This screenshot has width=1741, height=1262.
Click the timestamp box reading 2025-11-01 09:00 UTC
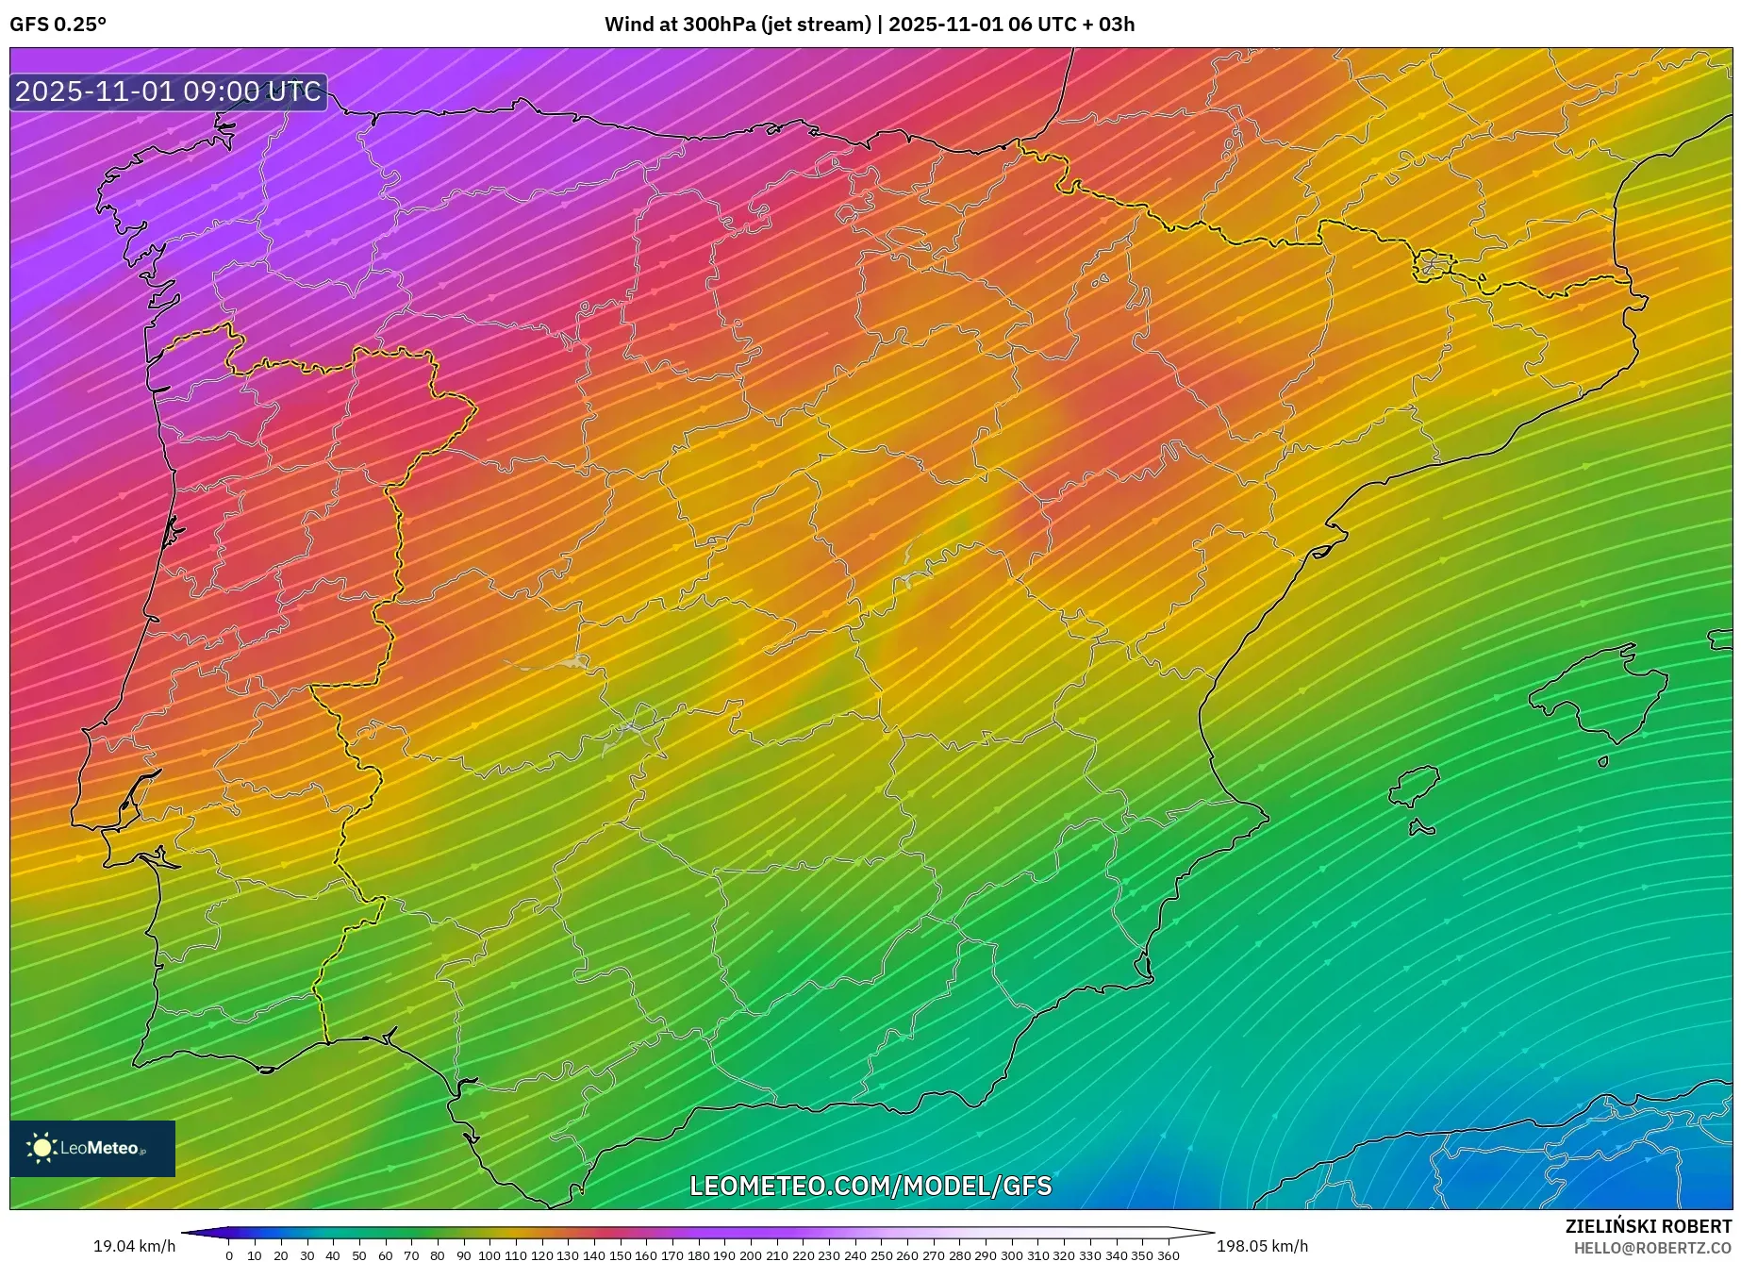168,91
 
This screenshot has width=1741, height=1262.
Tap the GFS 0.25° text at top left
58,25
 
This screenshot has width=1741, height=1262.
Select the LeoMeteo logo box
92,1148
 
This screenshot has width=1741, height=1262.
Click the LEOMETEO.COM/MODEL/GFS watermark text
870,1186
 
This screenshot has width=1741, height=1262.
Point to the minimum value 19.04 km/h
134,1246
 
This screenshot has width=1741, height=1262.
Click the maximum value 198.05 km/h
1262,1246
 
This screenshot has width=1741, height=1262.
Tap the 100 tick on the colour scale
489,1254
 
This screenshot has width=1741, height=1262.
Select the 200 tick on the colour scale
750,1254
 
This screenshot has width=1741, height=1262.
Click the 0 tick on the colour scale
229,1254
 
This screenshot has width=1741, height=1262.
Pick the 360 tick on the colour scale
1168,1254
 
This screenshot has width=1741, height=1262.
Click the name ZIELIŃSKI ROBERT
1648,1227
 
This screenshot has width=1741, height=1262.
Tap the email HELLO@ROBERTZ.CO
1651,1248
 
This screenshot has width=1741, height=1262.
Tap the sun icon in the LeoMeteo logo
41,1148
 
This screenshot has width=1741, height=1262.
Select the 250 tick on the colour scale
881,1254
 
